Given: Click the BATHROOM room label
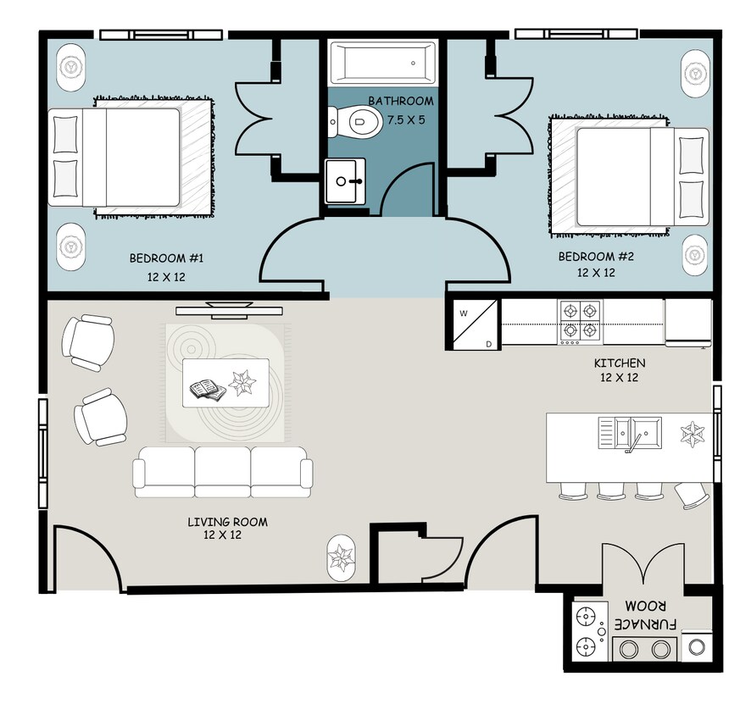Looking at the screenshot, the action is point(401,101).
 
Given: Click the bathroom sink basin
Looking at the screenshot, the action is point(345,181).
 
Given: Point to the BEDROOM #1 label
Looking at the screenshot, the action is point(166,258).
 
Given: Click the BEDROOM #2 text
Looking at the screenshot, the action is point(596,257).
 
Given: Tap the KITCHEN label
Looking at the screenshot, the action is point(620,363).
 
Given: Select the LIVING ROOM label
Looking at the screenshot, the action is point(227,522).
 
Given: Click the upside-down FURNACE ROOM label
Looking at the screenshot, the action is point(645,615).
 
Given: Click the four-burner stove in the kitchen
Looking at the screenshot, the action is point(580,322).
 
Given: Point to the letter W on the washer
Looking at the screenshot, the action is point(464,314).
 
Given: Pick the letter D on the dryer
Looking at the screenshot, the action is point(488,344).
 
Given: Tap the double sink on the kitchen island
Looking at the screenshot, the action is point(630,433).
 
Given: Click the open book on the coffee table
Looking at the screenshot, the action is point(209,390).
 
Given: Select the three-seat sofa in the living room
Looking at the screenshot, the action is point(223,473).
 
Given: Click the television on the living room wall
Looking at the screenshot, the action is point(229,310).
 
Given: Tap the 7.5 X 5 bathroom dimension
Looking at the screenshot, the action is point(406,119).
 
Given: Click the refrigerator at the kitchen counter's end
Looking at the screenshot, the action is point(687,322).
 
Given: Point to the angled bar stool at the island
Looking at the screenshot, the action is point(692,495).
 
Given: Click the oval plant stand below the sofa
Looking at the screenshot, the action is point(341,558).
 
